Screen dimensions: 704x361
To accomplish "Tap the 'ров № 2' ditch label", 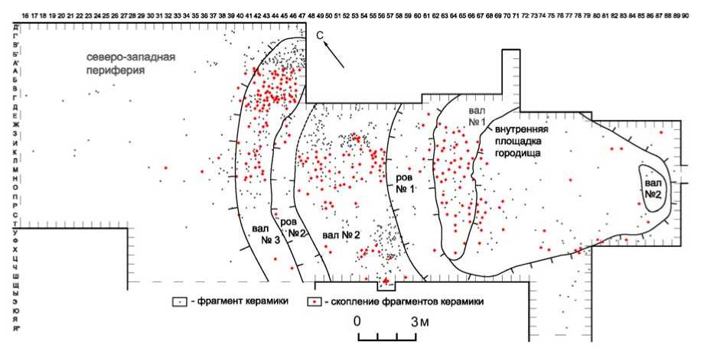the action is pyautogui.click(x=292, y=226).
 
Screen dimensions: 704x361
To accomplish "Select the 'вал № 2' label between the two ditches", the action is pyautogui.click(x=341, y=234).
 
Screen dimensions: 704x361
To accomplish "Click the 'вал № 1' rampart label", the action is pyautogui.click(x=477, y=115).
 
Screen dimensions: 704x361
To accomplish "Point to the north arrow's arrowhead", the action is pyautogui.click(x=326, y=44).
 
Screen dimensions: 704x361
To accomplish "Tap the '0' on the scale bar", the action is pyautogui.click(x=357, y=320).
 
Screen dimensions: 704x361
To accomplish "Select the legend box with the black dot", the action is pyautogui.click(x=178, y=301).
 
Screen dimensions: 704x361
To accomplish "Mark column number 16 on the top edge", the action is pyautogui.click(x=25, y=15).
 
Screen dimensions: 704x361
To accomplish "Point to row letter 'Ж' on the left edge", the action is pyautogui.click(x=16, y=124).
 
